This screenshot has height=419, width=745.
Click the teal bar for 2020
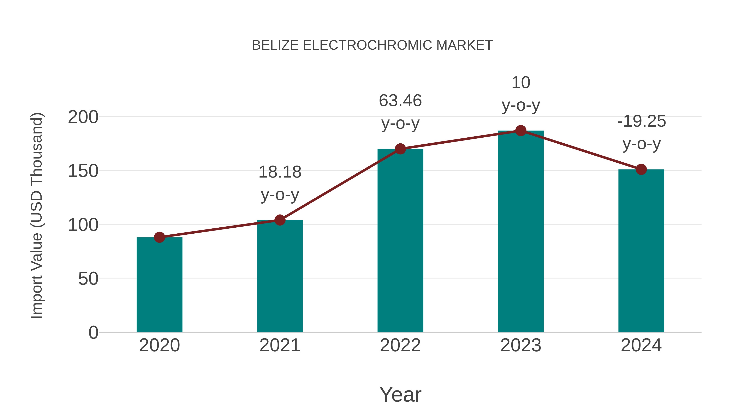(x=159, y=285)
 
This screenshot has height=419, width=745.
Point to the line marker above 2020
(x=159, y=237)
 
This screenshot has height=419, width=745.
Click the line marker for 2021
(x=280, y=220)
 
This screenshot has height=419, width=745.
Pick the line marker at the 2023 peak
(x=521, y=131)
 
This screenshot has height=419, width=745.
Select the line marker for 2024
(x=641, y=169)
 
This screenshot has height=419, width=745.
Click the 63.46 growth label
(x=400, y=101)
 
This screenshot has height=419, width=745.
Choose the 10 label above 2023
(x=521, y=83)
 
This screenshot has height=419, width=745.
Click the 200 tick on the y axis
(x=83, y=117)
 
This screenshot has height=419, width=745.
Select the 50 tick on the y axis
(x=88, y=279)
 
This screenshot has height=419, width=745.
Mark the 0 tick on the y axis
(x=93, y=333)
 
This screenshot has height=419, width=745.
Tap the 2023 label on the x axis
(x=521, y=345)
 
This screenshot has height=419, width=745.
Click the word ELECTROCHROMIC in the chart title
(x=367, y=45)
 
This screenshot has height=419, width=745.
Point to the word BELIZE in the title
(x=275, y=45)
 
